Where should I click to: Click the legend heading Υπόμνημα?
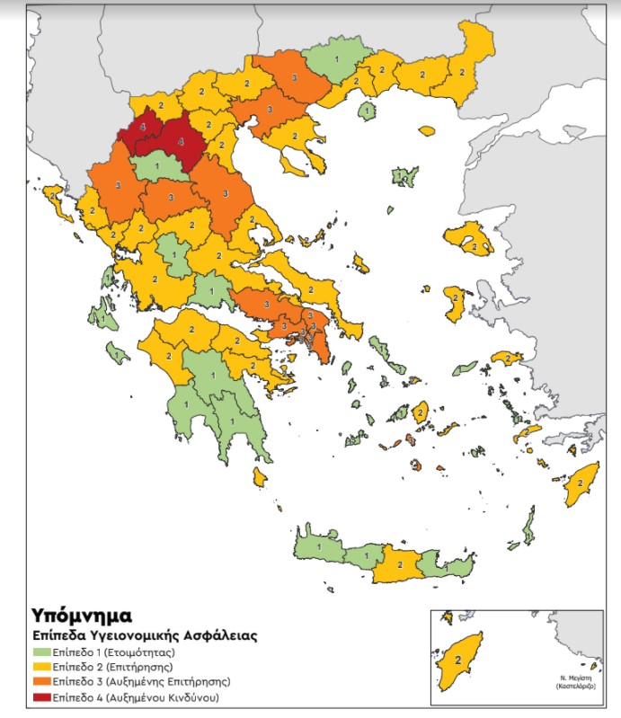coord(82,616)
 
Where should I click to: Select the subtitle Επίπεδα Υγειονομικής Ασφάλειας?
coord(145,635)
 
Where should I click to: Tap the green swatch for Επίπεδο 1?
coord(41,652)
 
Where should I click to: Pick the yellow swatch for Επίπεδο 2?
coord(41,667)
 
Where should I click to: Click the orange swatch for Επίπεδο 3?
coord(41,682)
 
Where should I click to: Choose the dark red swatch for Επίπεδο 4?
coord(41,697)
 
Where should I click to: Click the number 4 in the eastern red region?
coord(181,142)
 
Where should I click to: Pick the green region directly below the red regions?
coord(158,167)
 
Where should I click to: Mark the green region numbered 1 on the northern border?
coord(336,60)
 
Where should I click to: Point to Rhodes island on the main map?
coord(580,483)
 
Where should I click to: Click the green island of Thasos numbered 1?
coord(367,111)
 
